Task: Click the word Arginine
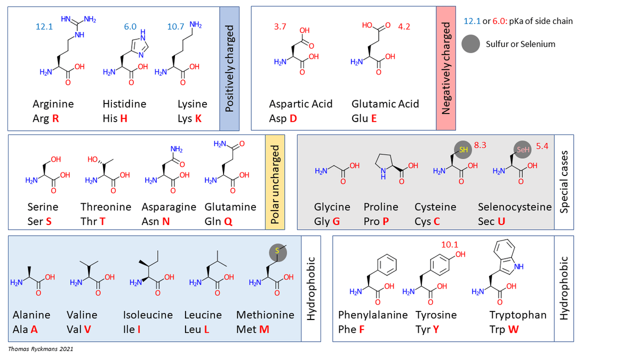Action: point(53,104)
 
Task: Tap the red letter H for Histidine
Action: point(123,118)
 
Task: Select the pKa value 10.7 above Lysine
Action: point(176,26)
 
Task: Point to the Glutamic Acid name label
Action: point(385,104)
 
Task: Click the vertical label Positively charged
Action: point(230,68)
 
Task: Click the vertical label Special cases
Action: point(565,182)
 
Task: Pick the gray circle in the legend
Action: point(473,44)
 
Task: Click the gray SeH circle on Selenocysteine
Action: point(523,150)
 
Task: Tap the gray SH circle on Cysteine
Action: point(462,150)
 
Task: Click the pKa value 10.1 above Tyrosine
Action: point(450,244)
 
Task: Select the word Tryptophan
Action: point(518,315)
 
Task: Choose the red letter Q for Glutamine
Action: point(228,221)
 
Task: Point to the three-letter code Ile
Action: point(130,329)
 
